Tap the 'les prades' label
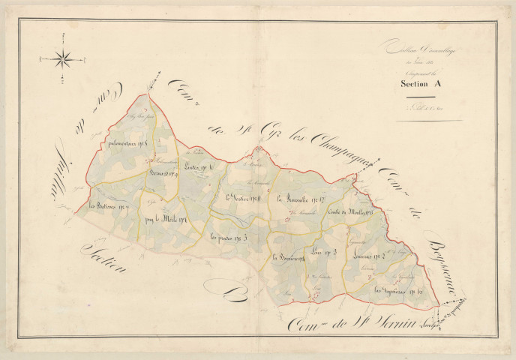(228, 238)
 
